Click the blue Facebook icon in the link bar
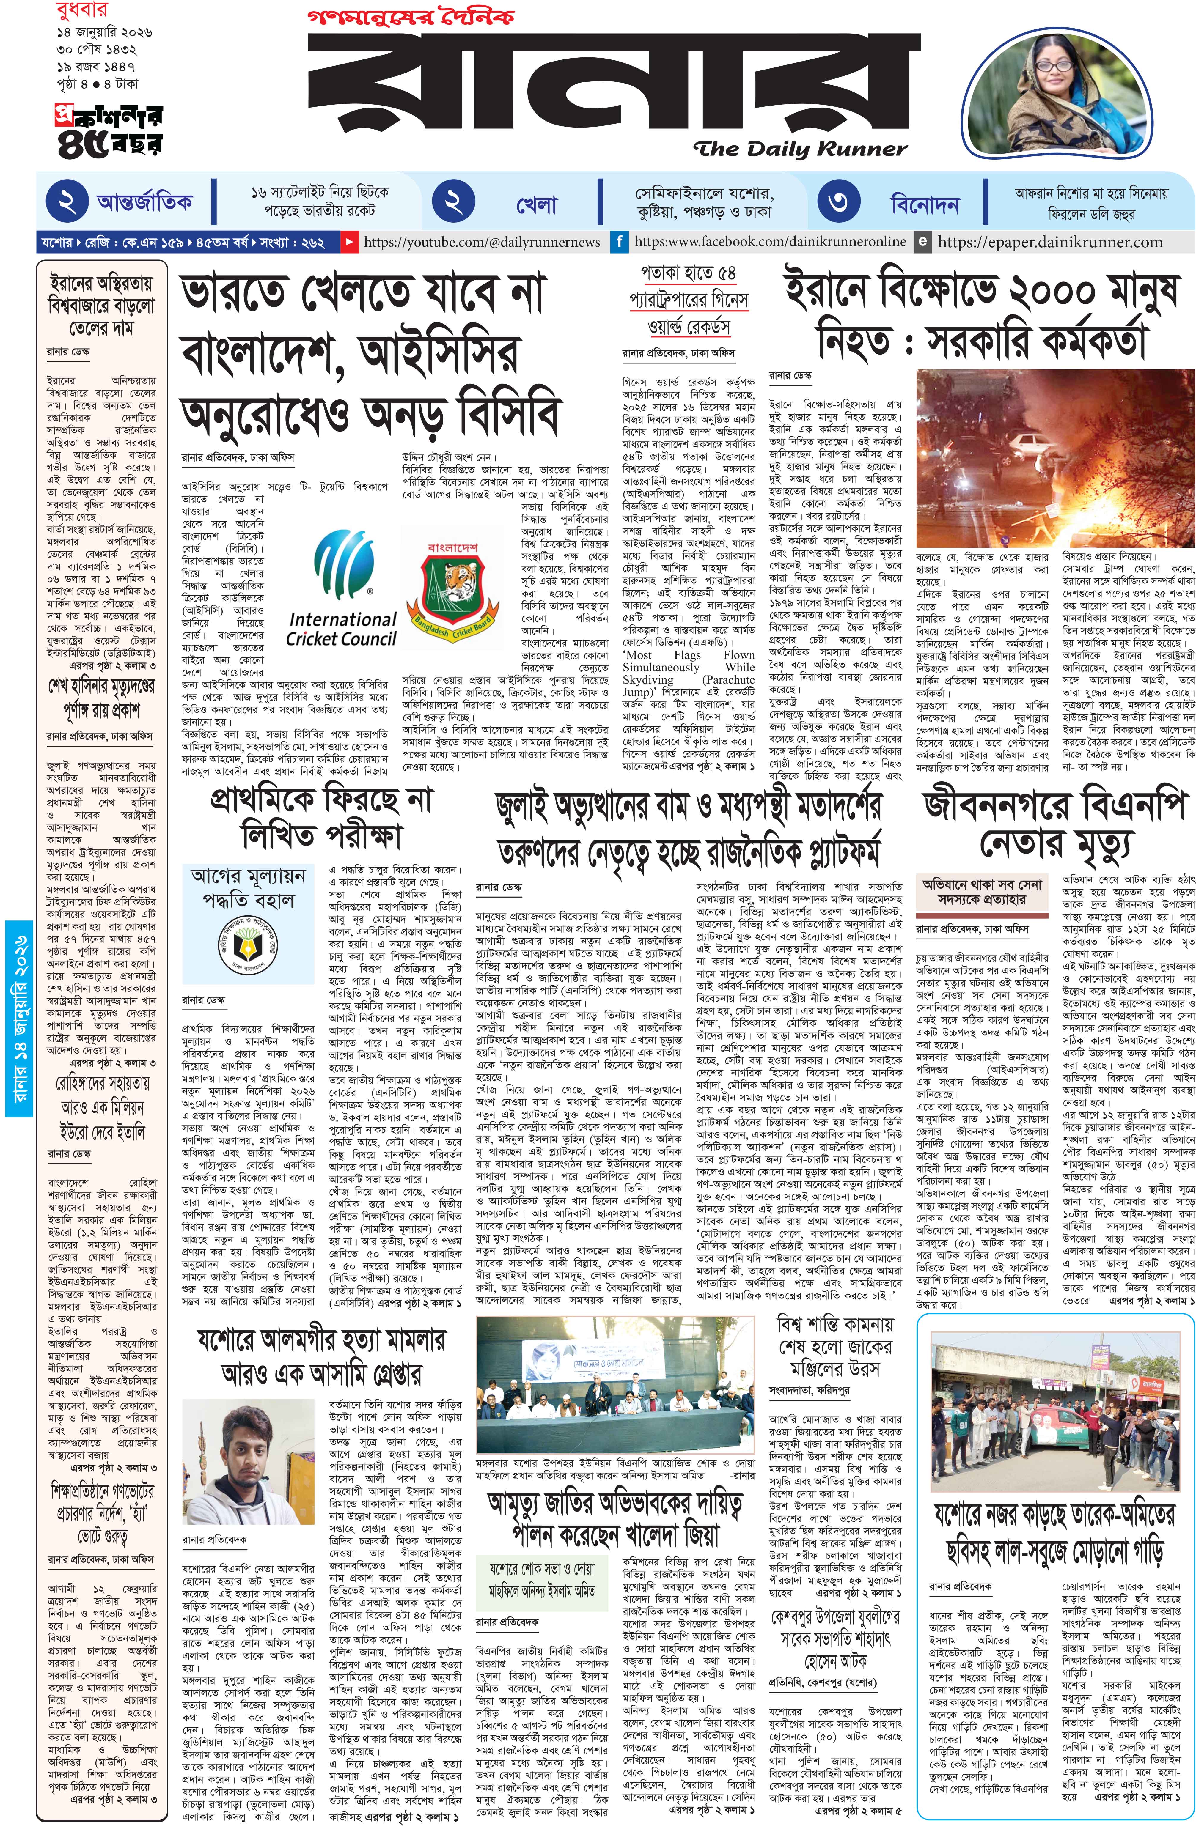(x=619, y=242)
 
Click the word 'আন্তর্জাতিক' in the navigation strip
(x=144, y=203)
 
